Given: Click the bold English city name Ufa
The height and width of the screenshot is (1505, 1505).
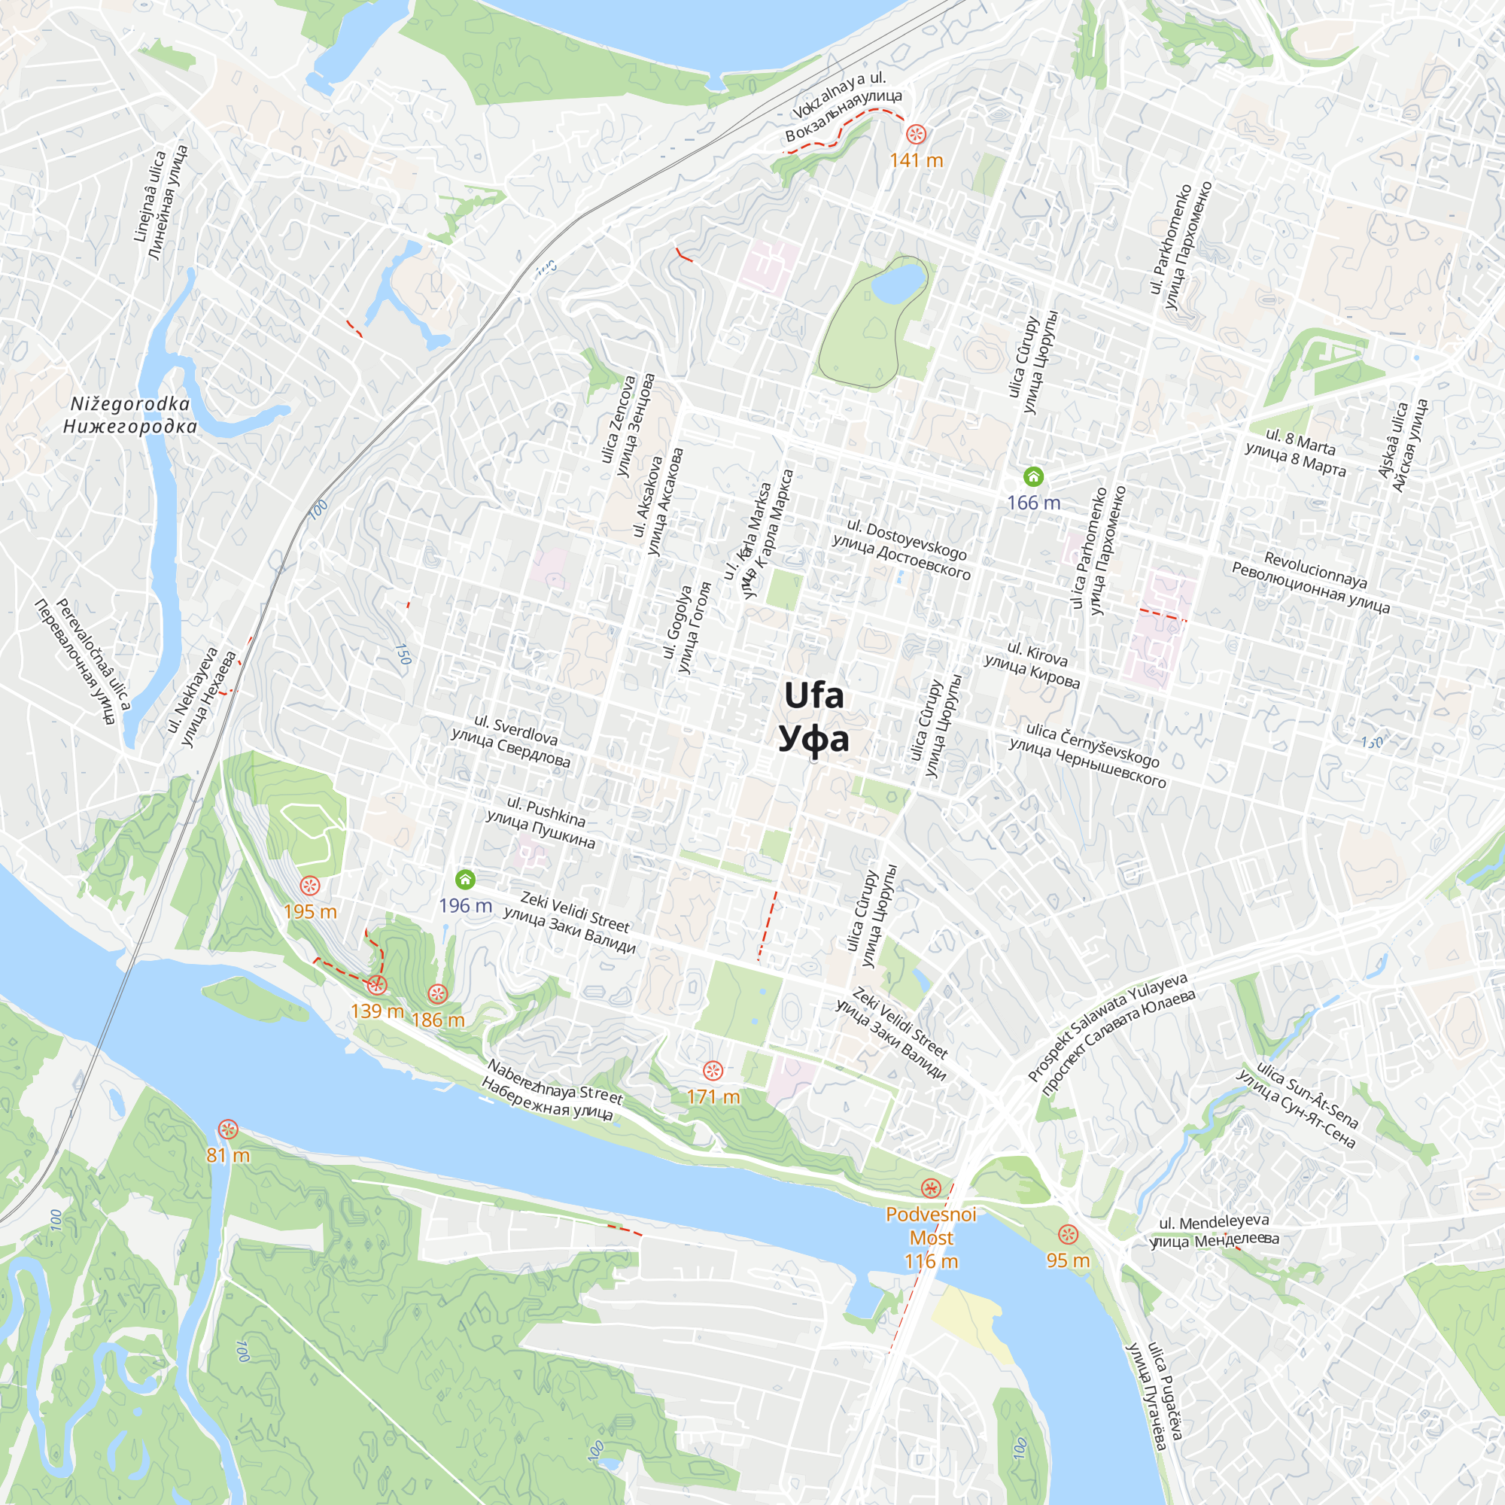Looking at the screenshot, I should point(813,695).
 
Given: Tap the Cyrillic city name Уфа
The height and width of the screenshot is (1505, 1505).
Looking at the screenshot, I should point(813,739).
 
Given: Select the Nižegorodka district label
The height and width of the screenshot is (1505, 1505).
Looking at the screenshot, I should point(130,404).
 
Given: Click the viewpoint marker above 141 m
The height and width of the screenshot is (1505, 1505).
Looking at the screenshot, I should point(916,134).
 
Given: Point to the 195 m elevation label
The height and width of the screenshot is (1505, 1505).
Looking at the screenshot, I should point(310,912).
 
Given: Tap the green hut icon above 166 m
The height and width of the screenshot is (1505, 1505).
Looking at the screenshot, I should point(1033,476).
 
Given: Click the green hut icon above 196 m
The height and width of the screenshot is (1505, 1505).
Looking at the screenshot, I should point(465,880).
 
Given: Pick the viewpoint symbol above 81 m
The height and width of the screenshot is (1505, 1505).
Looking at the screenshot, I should point(227,1129).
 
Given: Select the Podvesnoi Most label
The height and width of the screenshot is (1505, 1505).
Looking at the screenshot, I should point(931,1225).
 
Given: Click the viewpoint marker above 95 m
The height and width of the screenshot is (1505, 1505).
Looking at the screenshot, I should point(1067,1235).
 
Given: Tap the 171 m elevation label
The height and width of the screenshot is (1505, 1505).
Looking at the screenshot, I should point(713,1097).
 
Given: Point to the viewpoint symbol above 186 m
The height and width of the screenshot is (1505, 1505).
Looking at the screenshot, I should point(438,993).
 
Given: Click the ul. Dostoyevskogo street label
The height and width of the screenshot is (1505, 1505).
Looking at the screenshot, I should point(907,540).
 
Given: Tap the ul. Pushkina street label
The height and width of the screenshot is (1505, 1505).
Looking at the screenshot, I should point(546,812).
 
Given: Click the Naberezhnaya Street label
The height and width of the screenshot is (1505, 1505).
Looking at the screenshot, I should point(555,1082).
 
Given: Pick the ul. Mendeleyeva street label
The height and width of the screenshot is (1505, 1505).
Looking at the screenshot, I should point(1214,1223).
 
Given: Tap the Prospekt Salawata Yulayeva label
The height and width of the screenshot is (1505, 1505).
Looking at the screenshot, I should point(1107,1026).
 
